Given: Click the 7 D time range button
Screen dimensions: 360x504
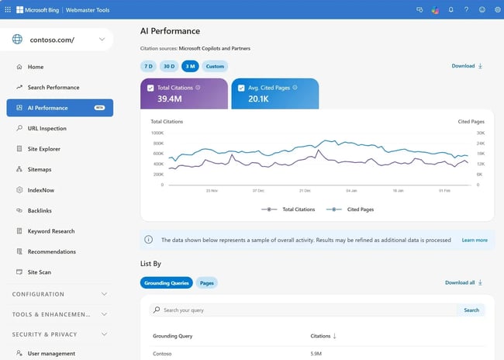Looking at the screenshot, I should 148,66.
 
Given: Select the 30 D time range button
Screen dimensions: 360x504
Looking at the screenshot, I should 168,66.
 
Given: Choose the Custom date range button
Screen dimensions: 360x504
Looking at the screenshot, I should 215,66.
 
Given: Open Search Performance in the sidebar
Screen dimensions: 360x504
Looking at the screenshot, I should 53,88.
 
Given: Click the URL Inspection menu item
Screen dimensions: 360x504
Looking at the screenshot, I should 47,129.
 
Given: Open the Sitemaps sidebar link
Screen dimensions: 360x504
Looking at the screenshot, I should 39,169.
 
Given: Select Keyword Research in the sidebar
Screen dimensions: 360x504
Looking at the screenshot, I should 51,231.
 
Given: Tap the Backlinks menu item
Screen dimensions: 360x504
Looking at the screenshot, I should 40,210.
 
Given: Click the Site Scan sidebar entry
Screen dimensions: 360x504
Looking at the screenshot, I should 40,272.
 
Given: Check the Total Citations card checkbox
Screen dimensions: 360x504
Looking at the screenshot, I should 150,88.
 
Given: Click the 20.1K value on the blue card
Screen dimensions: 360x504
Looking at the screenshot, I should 258,99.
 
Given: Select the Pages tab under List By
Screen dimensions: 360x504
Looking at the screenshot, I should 207,283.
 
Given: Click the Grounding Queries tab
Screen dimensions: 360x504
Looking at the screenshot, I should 166,283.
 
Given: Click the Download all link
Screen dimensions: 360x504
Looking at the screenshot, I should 464,283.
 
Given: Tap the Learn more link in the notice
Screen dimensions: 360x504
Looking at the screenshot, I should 475,241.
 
